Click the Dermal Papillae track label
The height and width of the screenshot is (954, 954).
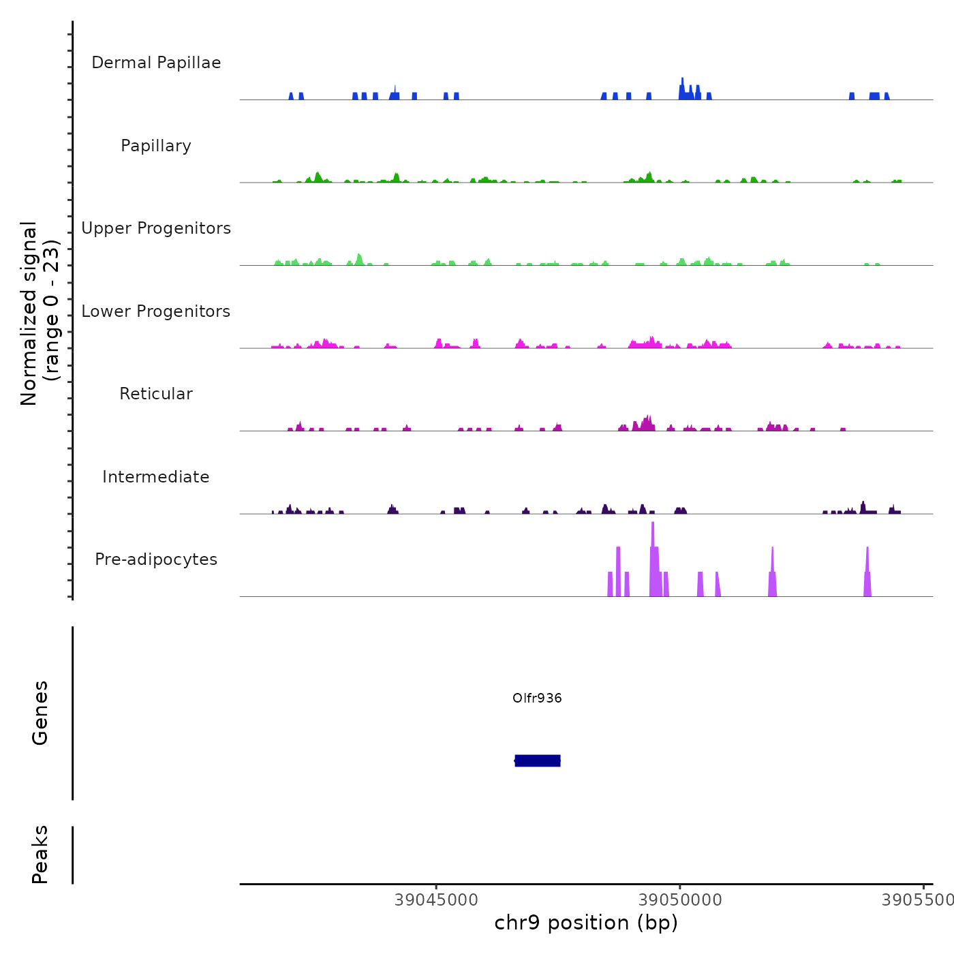click(x=156, y=63)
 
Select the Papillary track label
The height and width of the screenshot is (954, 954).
click(x=156, y=146)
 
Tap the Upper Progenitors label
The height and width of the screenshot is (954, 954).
click(x=156, y=228)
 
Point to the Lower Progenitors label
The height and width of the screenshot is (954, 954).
click(x=156, y=311)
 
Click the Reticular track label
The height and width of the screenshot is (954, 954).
click(x=156, y=394)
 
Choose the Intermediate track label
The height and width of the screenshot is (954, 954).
click(x=156, y=477)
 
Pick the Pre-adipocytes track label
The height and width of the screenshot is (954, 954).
click(x=156, y=559)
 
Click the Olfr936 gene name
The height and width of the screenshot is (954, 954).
click(x=537, y=698)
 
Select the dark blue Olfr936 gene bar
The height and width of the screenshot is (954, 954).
click(x=538, y=760)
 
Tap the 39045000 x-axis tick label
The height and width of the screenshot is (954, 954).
click(x=436, y=900)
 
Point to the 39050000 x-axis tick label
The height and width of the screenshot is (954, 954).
click(x=679, y=900)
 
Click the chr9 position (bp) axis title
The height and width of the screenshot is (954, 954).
click(x=586, y=923)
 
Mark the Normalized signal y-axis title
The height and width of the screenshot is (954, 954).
click(x=40, y=313)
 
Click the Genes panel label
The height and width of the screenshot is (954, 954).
click(x=40, y=713)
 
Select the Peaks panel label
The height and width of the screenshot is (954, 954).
click(x=40, y=855)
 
